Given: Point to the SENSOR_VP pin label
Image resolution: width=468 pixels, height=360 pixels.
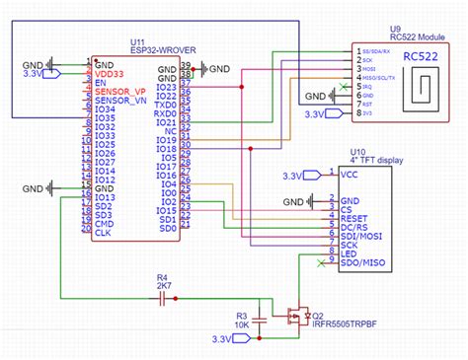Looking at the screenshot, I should pos(118,91).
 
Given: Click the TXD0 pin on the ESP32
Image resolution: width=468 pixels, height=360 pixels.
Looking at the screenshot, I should pos(165,104).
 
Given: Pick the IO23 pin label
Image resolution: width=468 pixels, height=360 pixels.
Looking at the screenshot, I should pos(167,87).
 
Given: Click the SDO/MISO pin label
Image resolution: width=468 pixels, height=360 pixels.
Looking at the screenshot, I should pos(362,262).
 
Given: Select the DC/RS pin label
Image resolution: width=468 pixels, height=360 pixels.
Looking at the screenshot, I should pos(354,226).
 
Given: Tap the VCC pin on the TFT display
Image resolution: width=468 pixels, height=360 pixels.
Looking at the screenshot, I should pos(349,175).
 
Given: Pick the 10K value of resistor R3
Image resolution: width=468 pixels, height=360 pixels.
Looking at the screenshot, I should pos(241,324).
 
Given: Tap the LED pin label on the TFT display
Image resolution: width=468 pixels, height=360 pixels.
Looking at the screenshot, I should pos(349,253).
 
